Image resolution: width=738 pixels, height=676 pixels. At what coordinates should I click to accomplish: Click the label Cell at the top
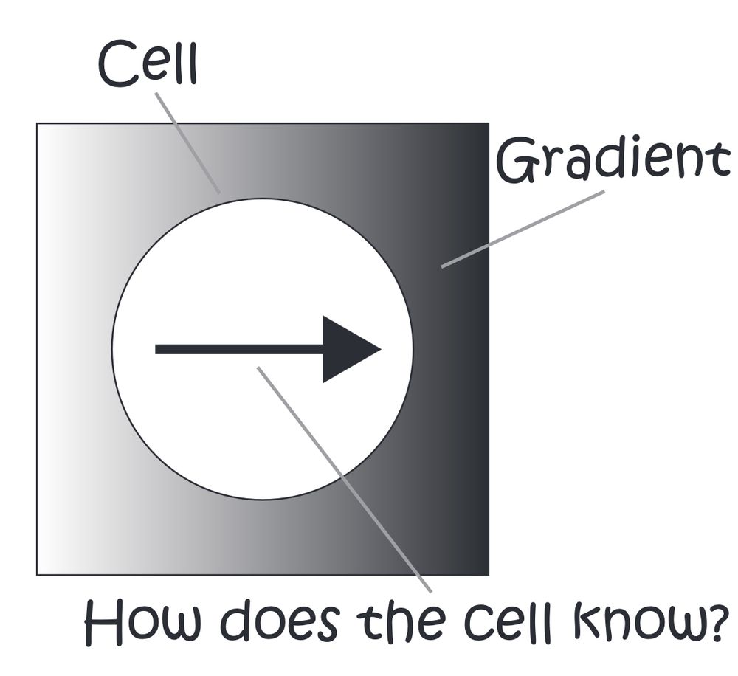pos(148,63)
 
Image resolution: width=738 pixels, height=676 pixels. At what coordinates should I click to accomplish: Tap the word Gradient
pos(614,159)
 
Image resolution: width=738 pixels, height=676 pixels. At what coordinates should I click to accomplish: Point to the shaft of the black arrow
pos(239,349)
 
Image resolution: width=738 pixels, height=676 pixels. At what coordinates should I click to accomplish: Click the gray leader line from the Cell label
pos(187,142)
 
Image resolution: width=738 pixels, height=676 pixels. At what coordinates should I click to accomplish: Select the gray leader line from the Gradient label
pos(523,230)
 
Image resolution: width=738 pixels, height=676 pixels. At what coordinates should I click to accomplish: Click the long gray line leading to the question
pos(344,479)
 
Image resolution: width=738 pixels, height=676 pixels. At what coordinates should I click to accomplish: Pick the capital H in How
pos(103,622)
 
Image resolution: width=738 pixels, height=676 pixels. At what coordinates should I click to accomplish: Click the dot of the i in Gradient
pos(632,142)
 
